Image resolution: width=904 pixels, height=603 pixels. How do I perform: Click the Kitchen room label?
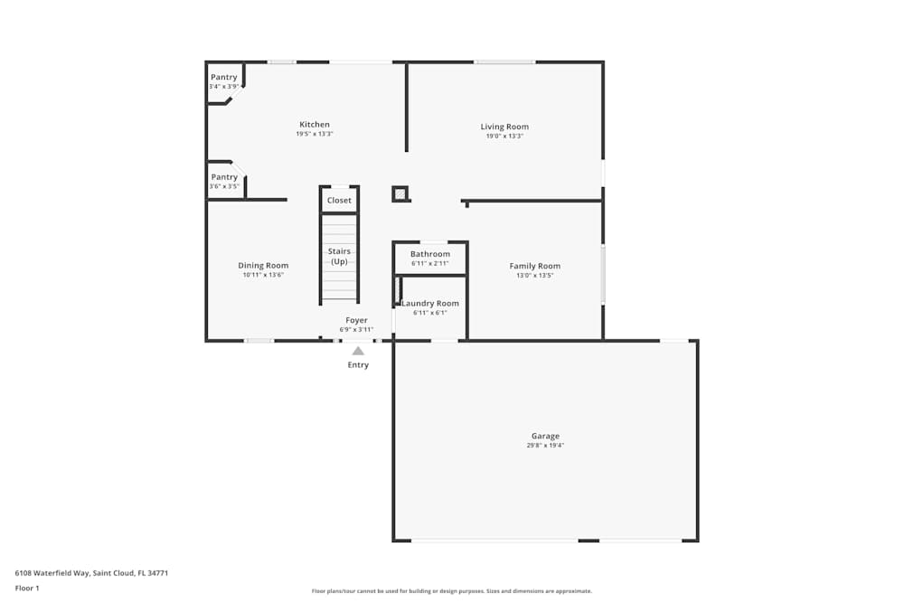315,125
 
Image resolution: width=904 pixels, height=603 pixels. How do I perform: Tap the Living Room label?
504,127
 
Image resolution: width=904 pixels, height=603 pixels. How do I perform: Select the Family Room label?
534,266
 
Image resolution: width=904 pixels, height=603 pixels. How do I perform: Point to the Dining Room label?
263,266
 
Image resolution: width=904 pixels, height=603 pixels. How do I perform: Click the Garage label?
545,436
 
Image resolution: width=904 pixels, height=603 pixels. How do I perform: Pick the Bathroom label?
429,254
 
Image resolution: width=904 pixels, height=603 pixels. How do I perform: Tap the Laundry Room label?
430,304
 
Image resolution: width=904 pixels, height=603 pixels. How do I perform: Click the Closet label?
339,200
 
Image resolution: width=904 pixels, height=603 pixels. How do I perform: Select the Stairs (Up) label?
339,256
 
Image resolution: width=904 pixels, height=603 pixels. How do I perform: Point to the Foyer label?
356,320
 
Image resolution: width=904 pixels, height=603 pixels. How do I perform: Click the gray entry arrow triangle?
358,351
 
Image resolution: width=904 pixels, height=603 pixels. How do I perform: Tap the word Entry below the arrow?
358,365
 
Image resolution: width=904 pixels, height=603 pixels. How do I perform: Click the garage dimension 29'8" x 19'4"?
545,446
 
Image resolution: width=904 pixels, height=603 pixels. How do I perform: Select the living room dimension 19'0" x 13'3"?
504,137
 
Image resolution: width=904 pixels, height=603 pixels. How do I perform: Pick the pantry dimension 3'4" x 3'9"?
223,87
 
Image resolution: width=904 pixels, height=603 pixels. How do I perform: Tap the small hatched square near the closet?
400,193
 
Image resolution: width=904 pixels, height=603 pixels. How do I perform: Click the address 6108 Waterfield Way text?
91,572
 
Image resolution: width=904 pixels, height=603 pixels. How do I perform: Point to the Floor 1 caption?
27,588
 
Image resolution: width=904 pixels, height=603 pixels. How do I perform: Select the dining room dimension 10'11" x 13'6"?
263,275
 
